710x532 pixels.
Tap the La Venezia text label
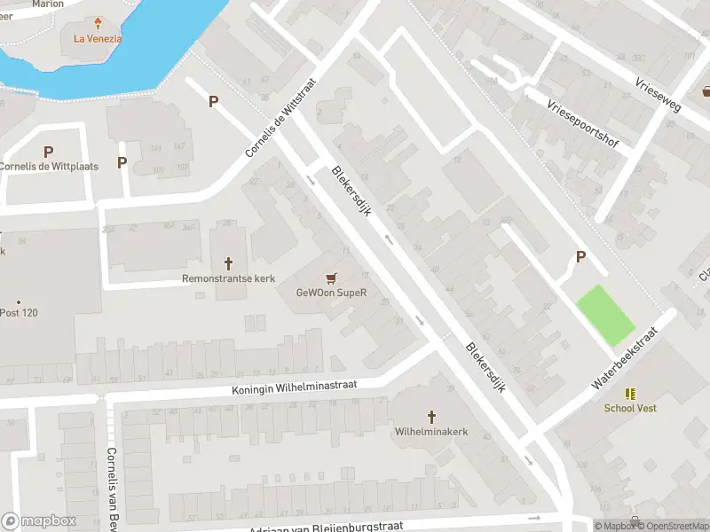tap(98, 38)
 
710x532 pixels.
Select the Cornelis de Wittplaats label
tap(49, 166)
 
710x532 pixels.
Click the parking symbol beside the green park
tap(581, 257)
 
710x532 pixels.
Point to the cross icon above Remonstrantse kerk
tap(228, 263)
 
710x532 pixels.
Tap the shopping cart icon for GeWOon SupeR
tap(332, 278)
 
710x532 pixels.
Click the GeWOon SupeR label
tap(332, 293)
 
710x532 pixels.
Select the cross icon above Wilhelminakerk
tap(432, 417)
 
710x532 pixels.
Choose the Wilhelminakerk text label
tap(431, 432)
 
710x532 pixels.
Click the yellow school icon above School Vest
tap(630, 394)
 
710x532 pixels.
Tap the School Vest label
tap(630, 409)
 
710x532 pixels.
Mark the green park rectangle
tap(606, 315)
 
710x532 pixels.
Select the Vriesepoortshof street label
tap(582, 122)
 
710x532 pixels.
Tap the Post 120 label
tap(20, 313)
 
